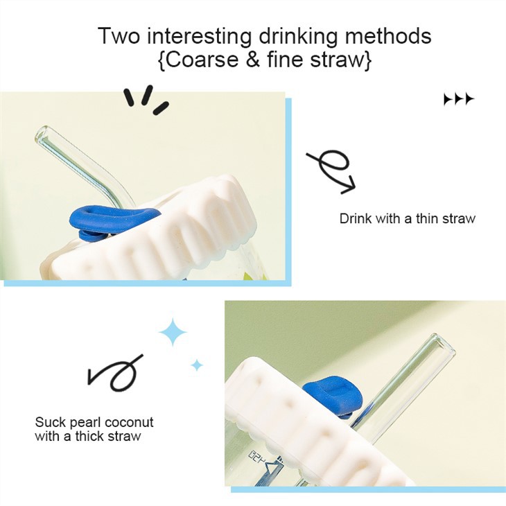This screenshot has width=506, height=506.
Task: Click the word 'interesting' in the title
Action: point(199,36)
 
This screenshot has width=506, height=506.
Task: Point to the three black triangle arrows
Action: point(459,99)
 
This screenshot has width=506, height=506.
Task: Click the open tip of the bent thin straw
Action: point(41,134)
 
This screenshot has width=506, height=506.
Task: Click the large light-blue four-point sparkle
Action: point(173,332)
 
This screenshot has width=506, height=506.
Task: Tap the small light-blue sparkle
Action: point(197,365)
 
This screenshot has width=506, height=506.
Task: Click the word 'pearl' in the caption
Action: point(86,422)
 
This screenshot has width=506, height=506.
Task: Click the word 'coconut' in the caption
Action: point(129,422)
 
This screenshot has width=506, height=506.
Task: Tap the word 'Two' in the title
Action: point(119,35)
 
